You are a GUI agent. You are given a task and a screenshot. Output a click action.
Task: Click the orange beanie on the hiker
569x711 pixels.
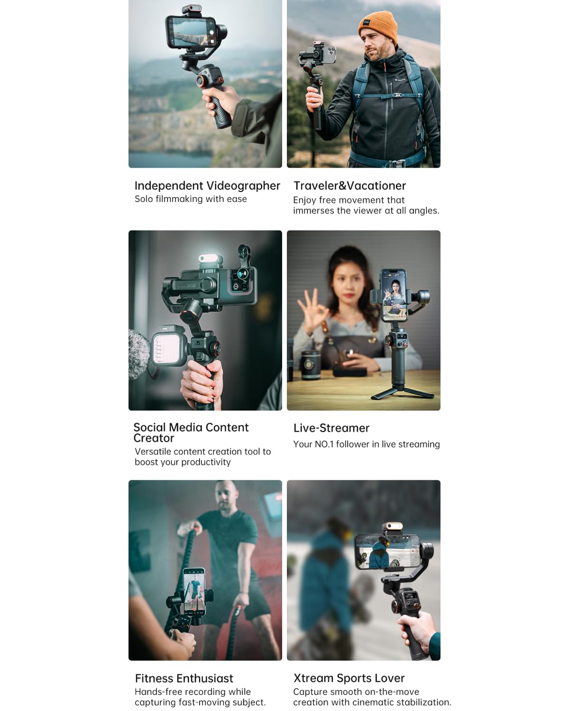coord(378,27)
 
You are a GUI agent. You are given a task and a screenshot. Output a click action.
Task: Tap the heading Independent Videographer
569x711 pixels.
coord(207,186)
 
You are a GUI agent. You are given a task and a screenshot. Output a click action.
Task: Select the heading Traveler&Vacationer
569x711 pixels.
coord(350,186)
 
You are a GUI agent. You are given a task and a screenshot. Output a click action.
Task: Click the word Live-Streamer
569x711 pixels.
coord(331,428)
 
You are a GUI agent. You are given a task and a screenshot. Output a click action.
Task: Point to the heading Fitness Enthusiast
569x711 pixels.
coord(184,678)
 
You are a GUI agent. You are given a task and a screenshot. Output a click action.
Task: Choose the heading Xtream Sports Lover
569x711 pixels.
coord(349,678)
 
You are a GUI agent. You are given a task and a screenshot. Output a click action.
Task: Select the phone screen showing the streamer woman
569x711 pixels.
coord(394,296)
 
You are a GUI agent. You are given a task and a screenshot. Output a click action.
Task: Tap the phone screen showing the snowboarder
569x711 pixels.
coord(387,551)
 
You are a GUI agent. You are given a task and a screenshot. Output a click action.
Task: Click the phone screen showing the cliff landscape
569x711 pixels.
coord(191,32)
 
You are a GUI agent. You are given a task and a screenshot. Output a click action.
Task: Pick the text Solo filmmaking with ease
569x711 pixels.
coord(191,199)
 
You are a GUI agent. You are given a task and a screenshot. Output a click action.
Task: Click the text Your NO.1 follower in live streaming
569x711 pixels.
coord(367,445)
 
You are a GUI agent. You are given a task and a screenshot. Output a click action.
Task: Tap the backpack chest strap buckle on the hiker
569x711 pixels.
coord(397,95)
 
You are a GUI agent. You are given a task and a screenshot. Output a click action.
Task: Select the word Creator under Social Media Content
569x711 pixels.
coord(154,438)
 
